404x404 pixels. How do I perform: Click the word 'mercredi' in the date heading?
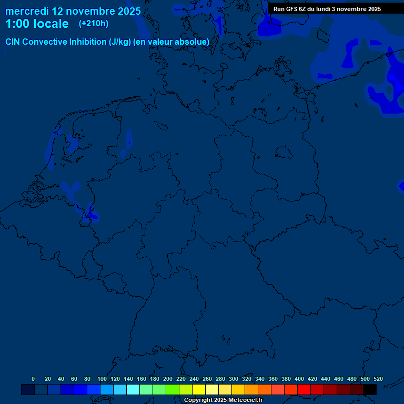[x=27, y=11]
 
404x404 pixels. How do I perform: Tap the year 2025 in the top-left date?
[x=126, y=11]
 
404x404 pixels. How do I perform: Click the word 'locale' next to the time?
[x=51, y=24]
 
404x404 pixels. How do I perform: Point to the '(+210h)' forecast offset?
[x=94, y=24]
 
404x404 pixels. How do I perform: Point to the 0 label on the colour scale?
[x=33, y=379]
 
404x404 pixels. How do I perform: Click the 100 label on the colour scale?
[x=102, y=379]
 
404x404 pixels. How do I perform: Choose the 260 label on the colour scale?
[x=207, y=379]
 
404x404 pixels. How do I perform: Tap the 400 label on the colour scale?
[x=299, y=379]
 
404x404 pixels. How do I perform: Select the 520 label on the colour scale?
[x=378, y=379]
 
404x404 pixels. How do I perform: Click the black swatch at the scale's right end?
[x=370, y=390]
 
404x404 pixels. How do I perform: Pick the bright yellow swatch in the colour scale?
[x=199, y=390]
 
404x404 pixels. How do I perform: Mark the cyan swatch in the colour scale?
[x=133, y=390]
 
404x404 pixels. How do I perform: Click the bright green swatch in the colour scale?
[x=173, y=390]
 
